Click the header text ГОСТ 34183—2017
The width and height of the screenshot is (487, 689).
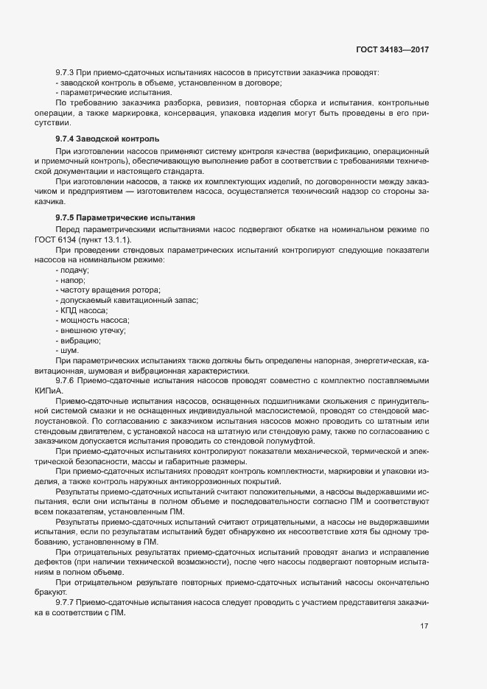click(392, 50)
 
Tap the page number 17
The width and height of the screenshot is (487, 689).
click(424, 627)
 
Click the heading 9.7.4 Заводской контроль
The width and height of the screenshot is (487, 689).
click(107, 139)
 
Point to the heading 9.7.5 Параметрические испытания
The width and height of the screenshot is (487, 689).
click(125, 218)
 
